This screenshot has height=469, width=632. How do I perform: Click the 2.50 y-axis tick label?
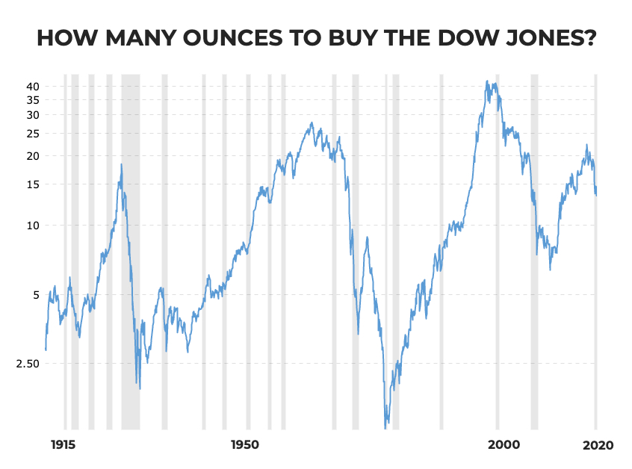26,364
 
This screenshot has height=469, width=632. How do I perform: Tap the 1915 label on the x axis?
65,445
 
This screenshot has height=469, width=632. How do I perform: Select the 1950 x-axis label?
245,445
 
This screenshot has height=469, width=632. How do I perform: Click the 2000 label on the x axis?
504,445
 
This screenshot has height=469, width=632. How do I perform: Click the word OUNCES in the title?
218,38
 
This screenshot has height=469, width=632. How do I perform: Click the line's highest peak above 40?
487,81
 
